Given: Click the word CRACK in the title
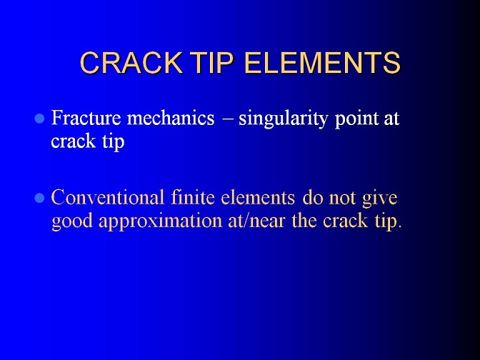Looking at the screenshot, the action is (x=131, y=62).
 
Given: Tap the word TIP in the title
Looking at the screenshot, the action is (x=211, y=62).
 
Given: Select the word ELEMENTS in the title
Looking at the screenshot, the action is (x=323, y=62).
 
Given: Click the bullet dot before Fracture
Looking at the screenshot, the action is (x=40, y=118).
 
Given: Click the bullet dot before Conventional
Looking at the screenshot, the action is (x=40, y=198).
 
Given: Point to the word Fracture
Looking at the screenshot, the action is (x=86, y=118).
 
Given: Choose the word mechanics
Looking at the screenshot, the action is (x=171, y=118).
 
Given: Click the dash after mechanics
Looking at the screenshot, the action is (x=227, y=119).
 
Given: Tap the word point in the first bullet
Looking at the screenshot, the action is (x=356, y=119).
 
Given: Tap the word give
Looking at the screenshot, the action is (x=379, y=199).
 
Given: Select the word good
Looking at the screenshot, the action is (x=72, y=221).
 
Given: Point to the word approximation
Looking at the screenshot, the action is (x=161, y=221).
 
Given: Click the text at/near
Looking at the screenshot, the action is (x=256, y=221).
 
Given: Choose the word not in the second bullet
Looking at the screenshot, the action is (x=342, y=198).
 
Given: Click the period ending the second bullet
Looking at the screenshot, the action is (x=399, y=227).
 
